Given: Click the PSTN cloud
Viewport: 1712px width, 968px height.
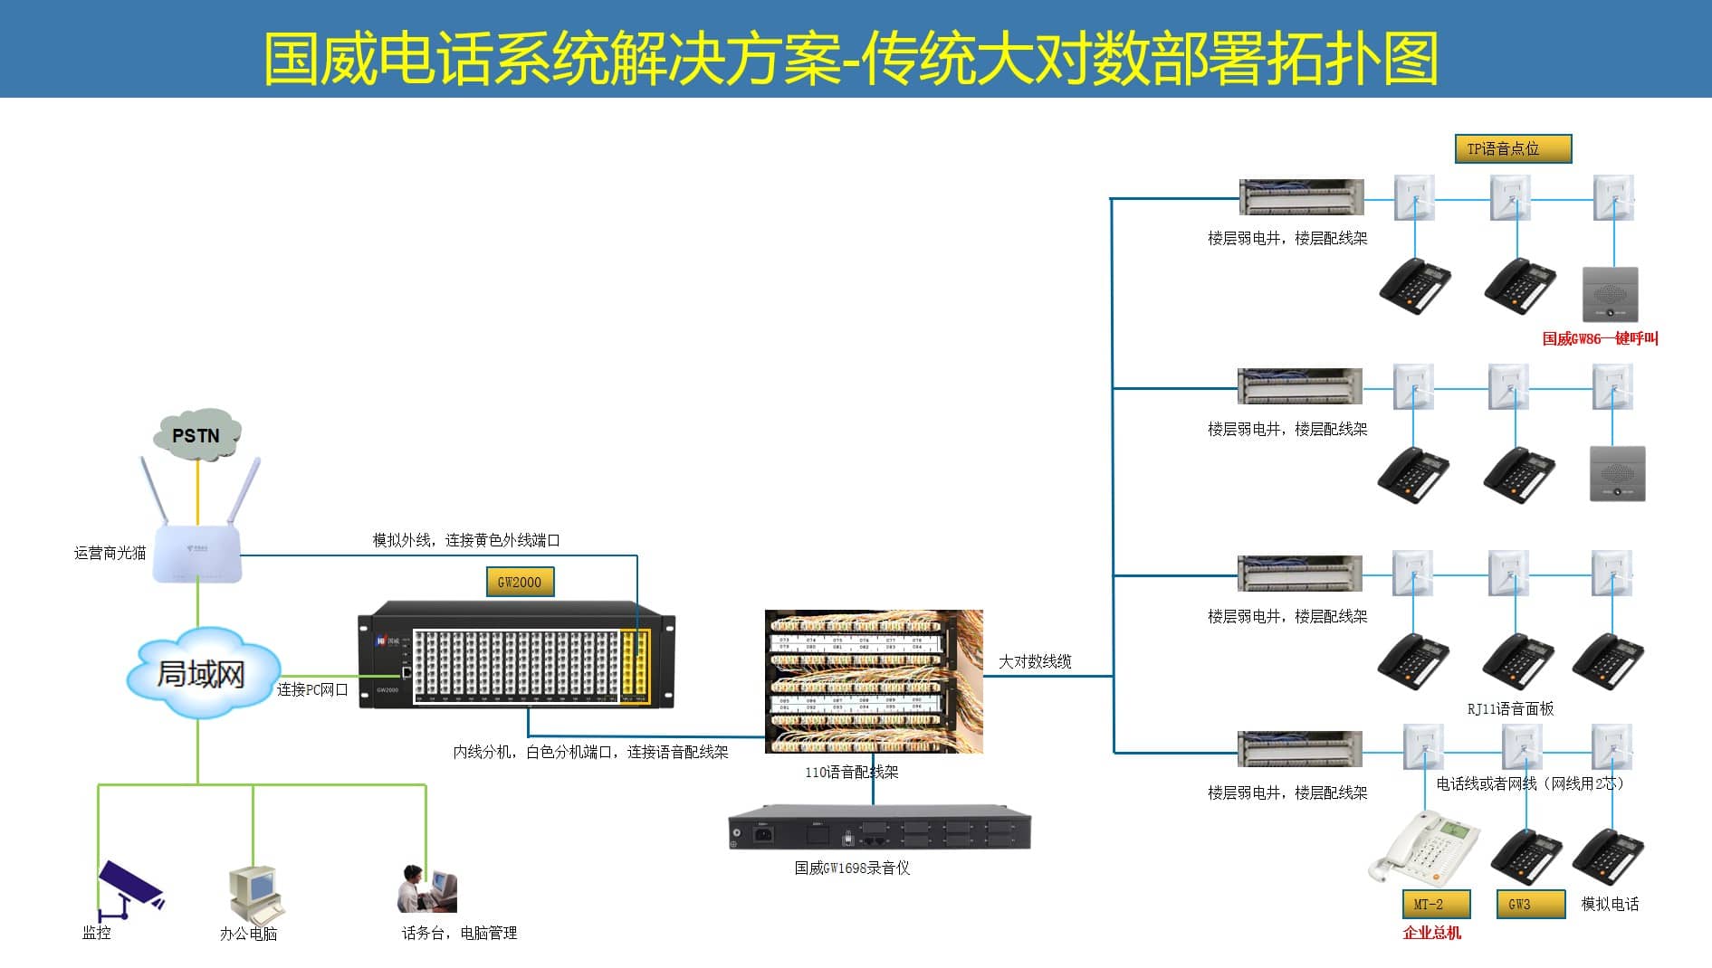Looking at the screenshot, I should click(x=196, y=435).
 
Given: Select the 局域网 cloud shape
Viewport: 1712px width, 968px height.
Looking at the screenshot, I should click(x=201, y=674).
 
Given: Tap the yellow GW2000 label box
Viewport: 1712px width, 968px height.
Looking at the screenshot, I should click(x=520, y=582).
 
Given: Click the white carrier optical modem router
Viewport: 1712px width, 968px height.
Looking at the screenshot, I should click(x=197, y=552).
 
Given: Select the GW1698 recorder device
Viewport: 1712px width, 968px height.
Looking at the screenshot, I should click(x=879, y=828).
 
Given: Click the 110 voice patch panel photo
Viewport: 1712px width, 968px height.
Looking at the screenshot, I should click(x=874, y=681).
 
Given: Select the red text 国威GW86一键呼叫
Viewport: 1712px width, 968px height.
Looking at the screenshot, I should click(x=1600, y=338).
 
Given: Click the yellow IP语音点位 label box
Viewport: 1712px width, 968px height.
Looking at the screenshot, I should click(x=1513, y=148).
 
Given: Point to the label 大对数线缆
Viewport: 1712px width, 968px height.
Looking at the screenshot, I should click(x=1035, y=661).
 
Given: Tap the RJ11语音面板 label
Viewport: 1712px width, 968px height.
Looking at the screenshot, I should click(x=1510, y=708).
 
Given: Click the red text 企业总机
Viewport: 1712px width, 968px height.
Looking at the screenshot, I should click(x=1431, y=933).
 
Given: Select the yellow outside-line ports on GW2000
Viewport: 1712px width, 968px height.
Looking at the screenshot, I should click(x=635, y=666).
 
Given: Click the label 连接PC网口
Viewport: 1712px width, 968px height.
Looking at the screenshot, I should click(x=312, y=689).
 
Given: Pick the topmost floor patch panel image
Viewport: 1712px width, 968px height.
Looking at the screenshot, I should click(x=1301, y=197).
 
